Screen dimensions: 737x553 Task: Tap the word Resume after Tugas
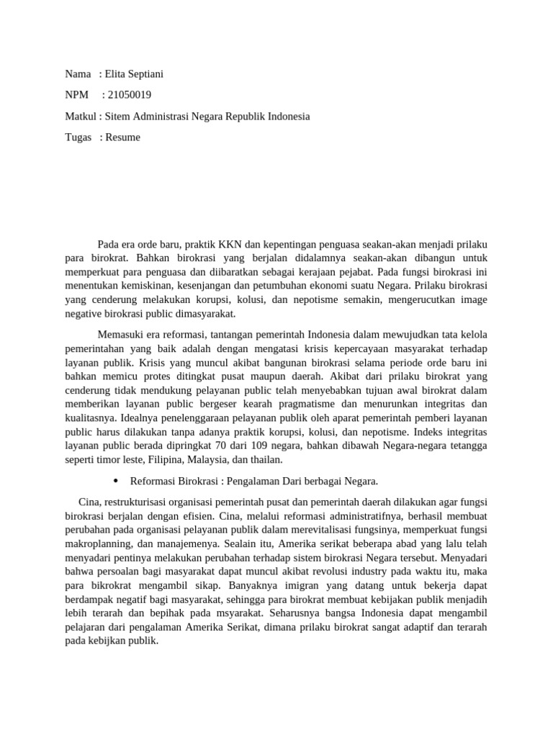(123, 137)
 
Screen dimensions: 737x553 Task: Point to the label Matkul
(80, 116)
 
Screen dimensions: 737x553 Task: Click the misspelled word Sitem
(117, 116)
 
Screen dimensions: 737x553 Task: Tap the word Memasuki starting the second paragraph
(120, 334)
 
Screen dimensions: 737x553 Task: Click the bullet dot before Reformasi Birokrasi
(117, 481)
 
